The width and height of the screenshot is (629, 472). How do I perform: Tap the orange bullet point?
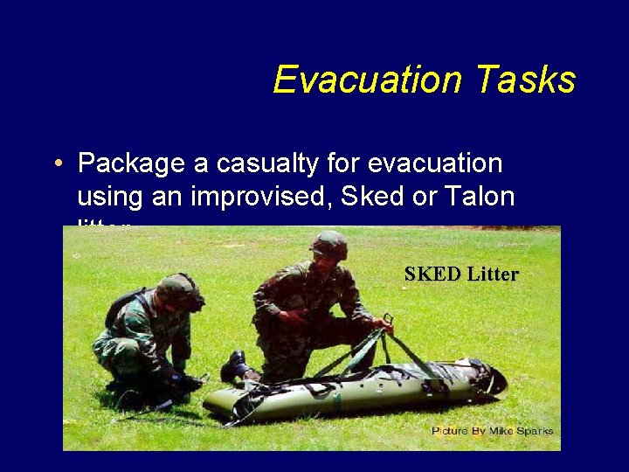click(57, 164)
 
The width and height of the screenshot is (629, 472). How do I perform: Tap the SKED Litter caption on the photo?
click(461, 274)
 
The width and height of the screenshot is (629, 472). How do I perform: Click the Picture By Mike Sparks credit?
click(492, 430)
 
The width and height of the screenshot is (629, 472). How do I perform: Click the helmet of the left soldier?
click(178, 289)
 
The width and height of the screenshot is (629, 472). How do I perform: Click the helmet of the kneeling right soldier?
click(328, 245)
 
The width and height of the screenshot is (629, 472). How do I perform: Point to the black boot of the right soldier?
click(234, 366)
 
